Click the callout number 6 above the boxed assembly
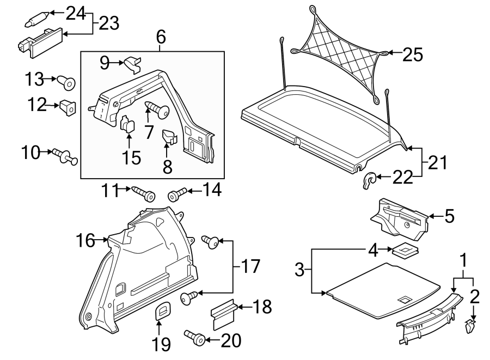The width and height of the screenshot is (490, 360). (161, 38)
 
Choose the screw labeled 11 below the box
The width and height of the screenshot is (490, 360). (143, 193)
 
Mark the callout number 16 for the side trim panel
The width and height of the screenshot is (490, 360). (85, 239)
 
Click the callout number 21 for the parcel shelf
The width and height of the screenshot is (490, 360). (437, 162)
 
